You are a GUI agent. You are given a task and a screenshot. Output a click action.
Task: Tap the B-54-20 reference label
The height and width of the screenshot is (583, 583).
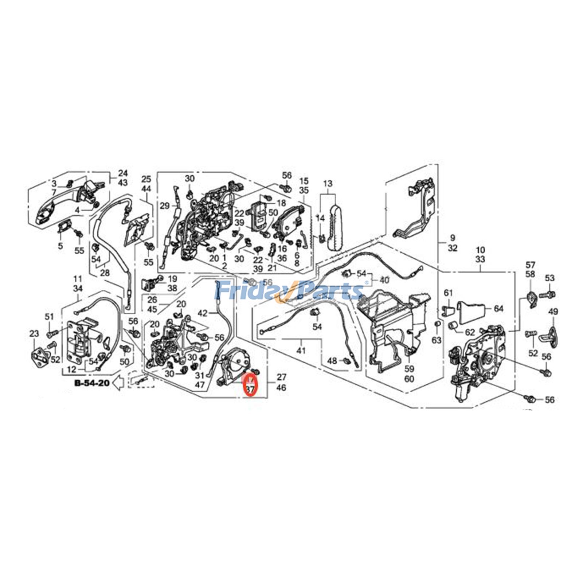point(91,383)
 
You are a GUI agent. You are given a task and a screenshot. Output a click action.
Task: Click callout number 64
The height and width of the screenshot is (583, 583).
point(498,309)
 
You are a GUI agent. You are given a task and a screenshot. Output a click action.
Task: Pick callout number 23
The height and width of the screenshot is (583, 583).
point(34,334)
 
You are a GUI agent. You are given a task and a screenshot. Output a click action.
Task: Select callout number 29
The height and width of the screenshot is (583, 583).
point(165,206)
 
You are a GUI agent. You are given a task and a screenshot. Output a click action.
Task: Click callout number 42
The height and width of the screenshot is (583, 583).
point(203,313)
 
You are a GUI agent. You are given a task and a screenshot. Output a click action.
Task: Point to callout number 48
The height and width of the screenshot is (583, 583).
point(332,361)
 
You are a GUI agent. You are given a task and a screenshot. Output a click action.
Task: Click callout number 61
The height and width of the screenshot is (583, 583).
point(448,293)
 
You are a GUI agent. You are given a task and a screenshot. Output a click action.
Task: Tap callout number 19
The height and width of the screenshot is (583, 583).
point(172,279)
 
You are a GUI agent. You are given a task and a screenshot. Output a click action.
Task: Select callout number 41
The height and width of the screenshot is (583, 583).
point(301,351)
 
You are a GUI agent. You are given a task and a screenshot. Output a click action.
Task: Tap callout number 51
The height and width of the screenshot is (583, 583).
point(50,317)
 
